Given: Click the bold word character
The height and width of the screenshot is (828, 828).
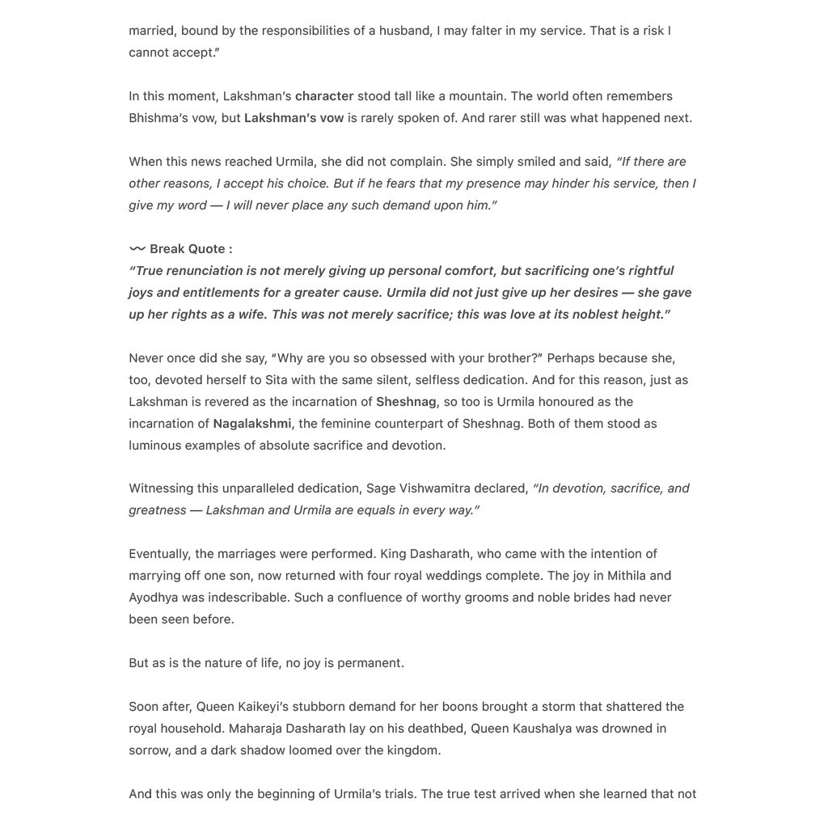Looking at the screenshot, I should (324, 96).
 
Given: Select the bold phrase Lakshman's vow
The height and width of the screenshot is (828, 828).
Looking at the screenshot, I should (294, 118).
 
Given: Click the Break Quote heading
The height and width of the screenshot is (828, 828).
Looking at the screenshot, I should (191, 249).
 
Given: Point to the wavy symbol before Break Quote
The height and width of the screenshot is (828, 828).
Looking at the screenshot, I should (137, 249).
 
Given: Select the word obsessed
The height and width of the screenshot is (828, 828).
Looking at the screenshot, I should (375, 358).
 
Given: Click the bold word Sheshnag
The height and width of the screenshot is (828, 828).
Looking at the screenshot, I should (406, 402).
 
